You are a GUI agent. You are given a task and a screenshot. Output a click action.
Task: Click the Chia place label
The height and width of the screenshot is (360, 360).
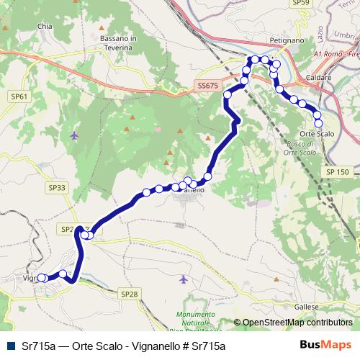click(x=45, y=27)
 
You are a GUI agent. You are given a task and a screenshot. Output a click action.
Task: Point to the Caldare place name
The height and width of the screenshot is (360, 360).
click(x=319, y=76)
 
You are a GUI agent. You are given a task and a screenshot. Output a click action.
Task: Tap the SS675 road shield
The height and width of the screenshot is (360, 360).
click(x=207, y=86)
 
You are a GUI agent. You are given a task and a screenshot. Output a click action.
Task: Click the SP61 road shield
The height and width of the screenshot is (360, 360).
click(x=19, y=96)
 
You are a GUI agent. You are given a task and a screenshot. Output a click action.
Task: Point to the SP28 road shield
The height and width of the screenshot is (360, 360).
click(x=128, y=294)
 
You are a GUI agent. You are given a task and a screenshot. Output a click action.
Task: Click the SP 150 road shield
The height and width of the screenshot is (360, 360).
click(x=337, y=172)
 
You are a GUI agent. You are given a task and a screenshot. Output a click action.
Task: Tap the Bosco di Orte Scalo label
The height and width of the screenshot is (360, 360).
click(x=297, y=148)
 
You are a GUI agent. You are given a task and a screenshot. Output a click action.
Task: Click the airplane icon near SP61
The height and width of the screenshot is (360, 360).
click(x=75, y=135)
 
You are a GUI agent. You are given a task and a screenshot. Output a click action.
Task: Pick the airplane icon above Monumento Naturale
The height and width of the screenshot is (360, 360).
click(x=183, y=279)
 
